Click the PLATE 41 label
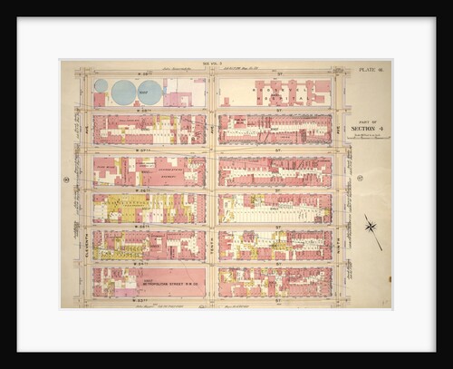(x=371, y=68)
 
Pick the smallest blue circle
(x=101, y=85)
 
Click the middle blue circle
(x=123, y=92)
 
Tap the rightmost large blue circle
(x=150, y=92)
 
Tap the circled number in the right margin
(x=360, y=179)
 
